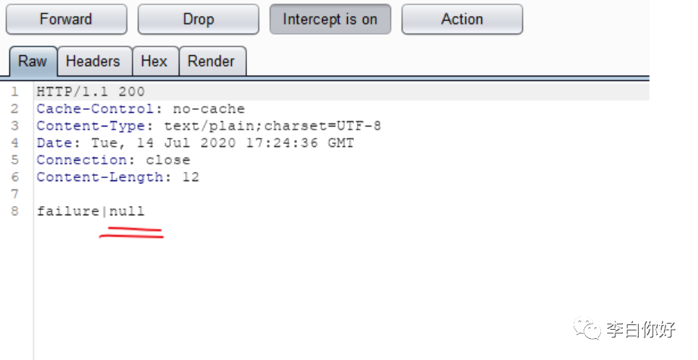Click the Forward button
[66, 20]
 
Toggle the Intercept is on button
[330, 20]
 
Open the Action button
[462, 20]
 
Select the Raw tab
[33, 61]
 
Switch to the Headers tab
[92, 61]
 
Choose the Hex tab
[154, 61]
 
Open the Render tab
[211, 61]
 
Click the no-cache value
[209, 109]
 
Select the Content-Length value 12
[191, 177]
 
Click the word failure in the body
[67, 211]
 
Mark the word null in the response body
[127, 211]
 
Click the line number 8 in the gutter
[15, 211]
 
